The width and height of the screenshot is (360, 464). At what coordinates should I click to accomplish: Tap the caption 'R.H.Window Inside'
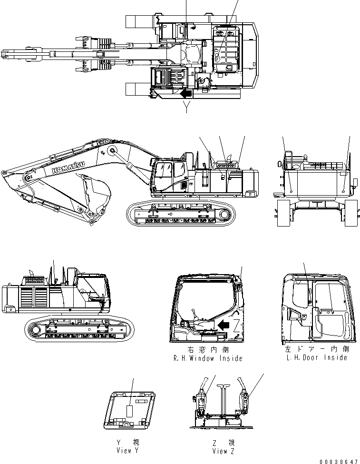click(208, 358)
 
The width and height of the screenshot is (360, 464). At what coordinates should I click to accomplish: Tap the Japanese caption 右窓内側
click(208, 349)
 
